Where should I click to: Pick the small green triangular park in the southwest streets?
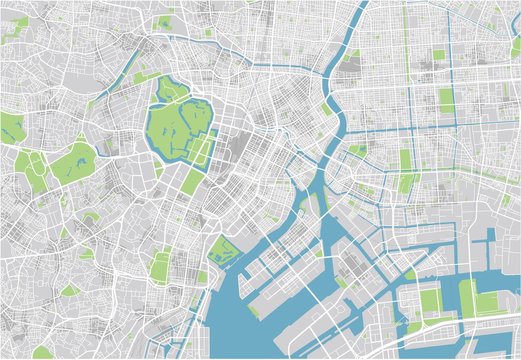pyautogui.click(x=70, y=290)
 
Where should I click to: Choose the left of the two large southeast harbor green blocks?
pyautogui.click(x=430, y=300)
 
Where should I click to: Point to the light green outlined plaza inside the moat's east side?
pyautogui.click(x=204, y=148)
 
